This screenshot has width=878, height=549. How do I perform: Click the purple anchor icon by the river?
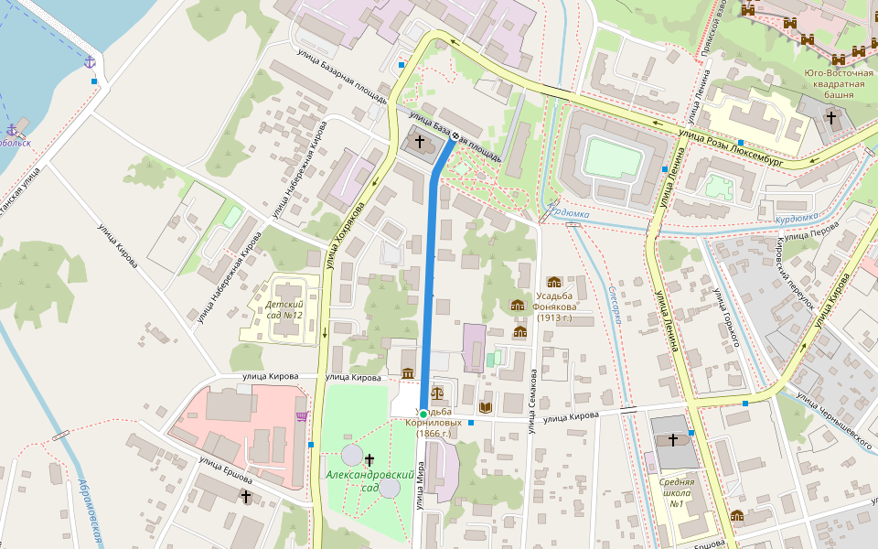tap(90, 61)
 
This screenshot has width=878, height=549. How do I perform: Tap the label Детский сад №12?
tap(284, 309)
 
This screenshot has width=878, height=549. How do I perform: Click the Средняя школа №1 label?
tap(678, 492)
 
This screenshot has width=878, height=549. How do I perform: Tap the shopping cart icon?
tap(301, 417)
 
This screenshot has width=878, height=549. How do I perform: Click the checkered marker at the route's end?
tap(455, 137)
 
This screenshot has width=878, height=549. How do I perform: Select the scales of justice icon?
tap(436, 392)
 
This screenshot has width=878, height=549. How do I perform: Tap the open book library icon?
tap(486, 406)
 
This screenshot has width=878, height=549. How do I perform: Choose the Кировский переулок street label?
tap(792, 264)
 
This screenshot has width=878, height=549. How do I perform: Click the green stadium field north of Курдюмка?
tap(613, 157)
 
